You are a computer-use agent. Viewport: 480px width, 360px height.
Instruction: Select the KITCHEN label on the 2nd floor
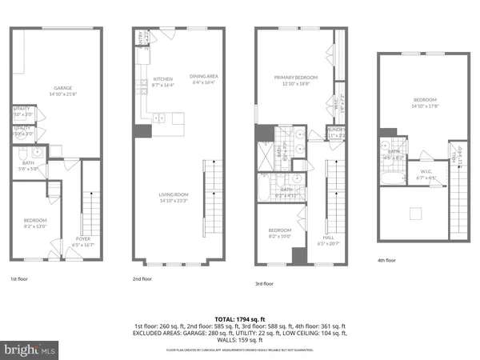click(x=162, y=79)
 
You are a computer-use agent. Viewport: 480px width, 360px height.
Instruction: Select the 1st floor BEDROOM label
click(x=35, y=221)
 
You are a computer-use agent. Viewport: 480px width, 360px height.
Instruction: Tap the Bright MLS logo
click(x=30, y=349)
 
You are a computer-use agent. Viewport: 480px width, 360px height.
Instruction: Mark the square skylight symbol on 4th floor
click(x=414, y=212)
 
